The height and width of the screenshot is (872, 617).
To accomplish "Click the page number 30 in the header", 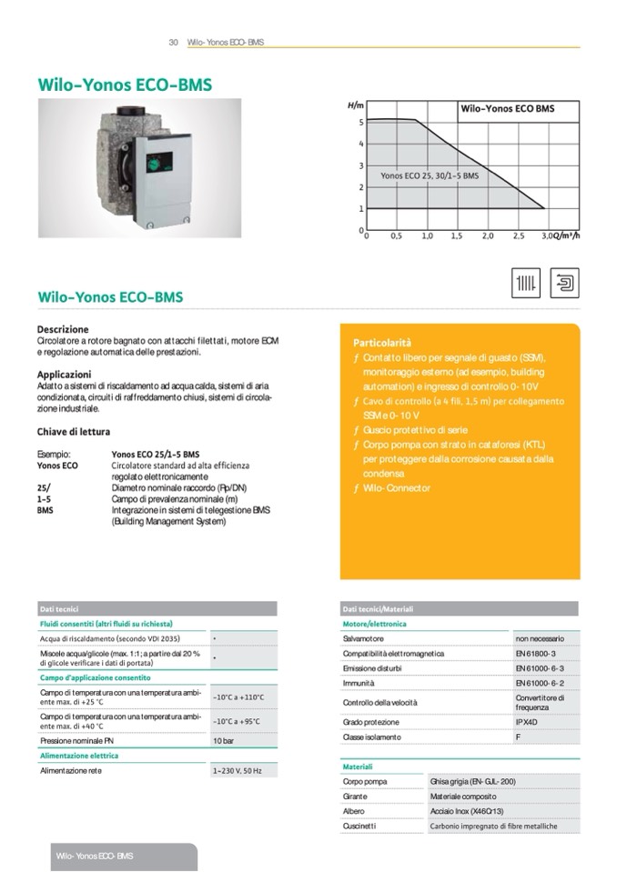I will coord(173,42).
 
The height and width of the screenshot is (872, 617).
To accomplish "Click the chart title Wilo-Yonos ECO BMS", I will coord(507,108).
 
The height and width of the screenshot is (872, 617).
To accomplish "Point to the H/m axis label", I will coord(356,106).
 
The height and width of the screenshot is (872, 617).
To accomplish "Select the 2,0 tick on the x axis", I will coord(487,236).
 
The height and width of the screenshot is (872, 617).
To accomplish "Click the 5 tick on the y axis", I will coord(360,122).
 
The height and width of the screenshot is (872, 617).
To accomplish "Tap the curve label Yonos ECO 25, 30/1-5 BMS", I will coord(429,176).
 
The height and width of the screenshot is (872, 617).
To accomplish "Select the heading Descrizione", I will coord(63,329).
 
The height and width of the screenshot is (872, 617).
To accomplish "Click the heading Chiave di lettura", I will coord(74,432).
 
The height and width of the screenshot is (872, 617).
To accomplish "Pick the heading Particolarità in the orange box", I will coord(382,343).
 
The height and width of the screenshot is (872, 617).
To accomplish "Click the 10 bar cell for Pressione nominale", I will coord(223,741).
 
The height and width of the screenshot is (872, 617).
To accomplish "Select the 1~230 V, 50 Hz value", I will coord(238,771).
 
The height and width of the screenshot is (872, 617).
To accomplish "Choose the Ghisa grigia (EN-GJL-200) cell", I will coord(472,781).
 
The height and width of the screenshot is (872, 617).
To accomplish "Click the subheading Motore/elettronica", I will coord(374,624).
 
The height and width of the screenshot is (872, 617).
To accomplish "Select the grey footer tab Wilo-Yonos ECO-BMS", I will coord(95,857).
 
